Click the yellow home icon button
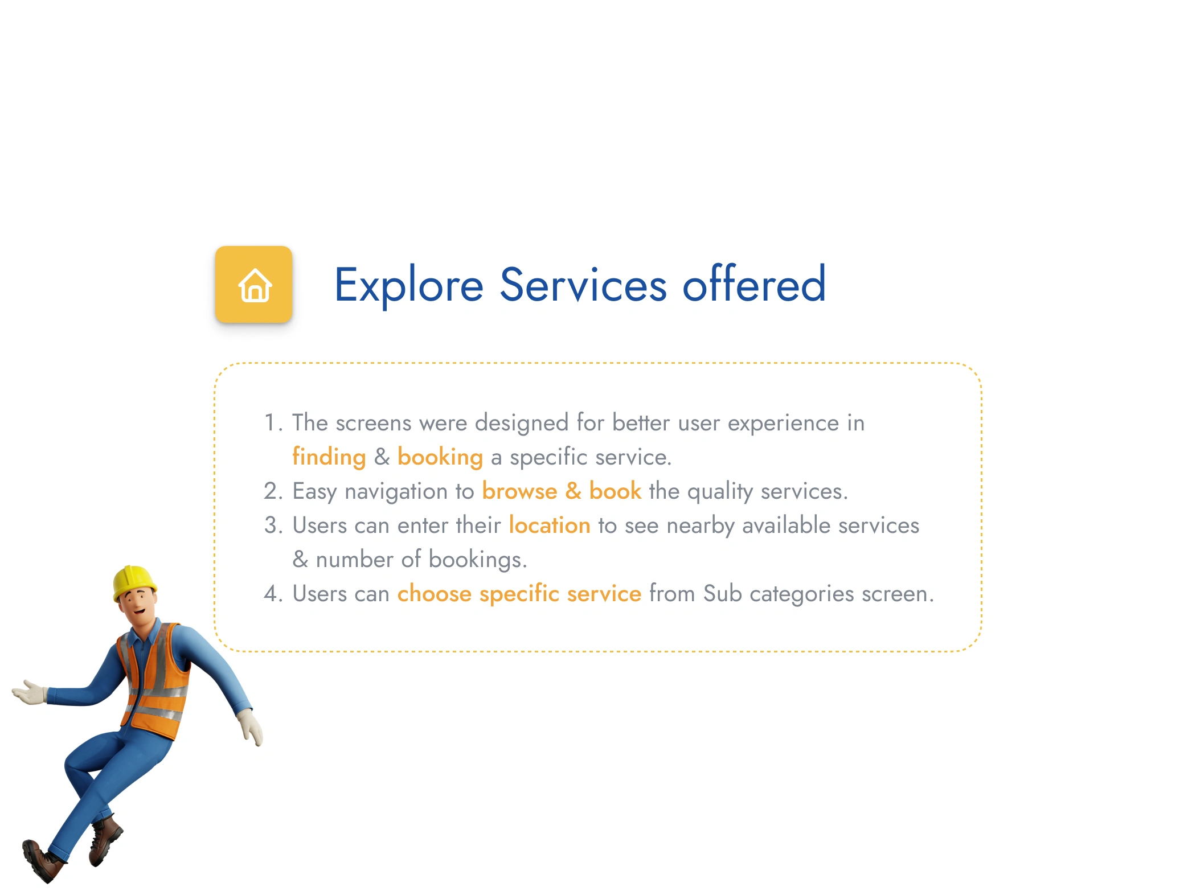point(253,284)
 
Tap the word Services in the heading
point(583,285)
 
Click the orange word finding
point(329,457)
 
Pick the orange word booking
point(440,457)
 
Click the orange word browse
point(519,491)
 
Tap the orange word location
point(550,525)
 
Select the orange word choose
point(435,593)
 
